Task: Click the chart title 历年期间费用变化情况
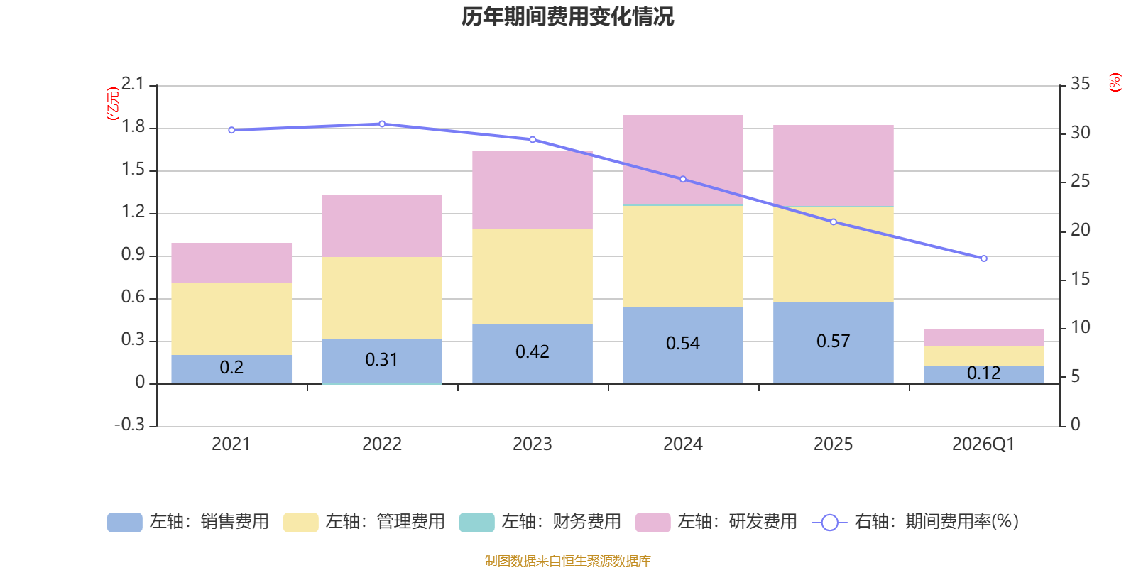567,16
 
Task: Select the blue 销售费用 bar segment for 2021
231,369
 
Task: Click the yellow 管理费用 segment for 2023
532,275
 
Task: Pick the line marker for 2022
382,124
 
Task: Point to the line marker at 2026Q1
983,258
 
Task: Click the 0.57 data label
833,342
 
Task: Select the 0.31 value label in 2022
381,360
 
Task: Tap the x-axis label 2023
532,444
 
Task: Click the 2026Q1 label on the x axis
983,444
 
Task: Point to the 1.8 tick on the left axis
133,127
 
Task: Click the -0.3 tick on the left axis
129,425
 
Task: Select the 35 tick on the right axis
1080,84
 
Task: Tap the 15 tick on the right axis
1080,279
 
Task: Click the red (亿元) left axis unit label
112,104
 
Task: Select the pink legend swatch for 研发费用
652,523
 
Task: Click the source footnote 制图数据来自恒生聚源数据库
567,561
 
